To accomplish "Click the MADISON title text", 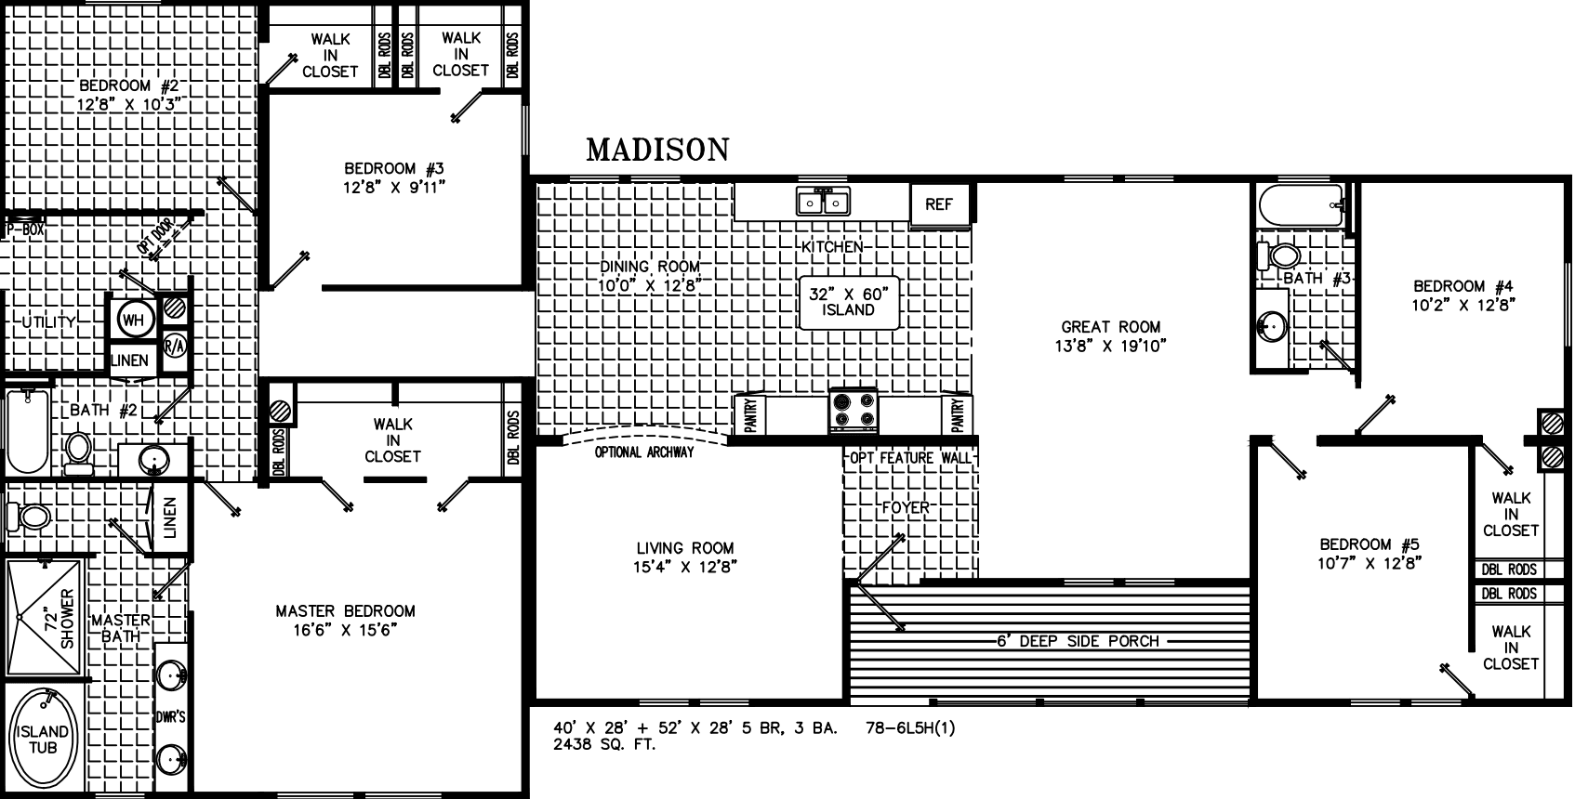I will click(657, 150).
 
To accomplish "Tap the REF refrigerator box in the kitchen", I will click(939, 204).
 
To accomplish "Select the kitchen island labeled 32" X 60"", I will click(848, 302).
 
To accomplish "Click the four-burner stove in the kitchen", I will click(854, 411).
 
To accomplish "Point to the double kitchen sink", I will click(822, 202).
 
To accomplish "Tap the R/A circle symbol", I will click(175, 345).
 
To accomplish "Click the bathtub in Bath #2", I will click(25, 433).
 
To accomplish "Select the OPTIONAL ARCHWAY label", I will click(644, 452).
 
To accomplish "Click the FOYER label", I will click(906, 508).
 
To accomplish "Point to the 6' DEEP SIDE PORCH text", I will click(1078, 641).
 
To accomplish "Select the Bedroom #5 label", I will click(1370, 544).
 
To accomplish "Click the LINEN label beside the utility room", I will click(130, 360).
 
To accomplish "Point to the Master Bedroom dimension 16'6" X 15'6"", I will click(345, 629).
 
